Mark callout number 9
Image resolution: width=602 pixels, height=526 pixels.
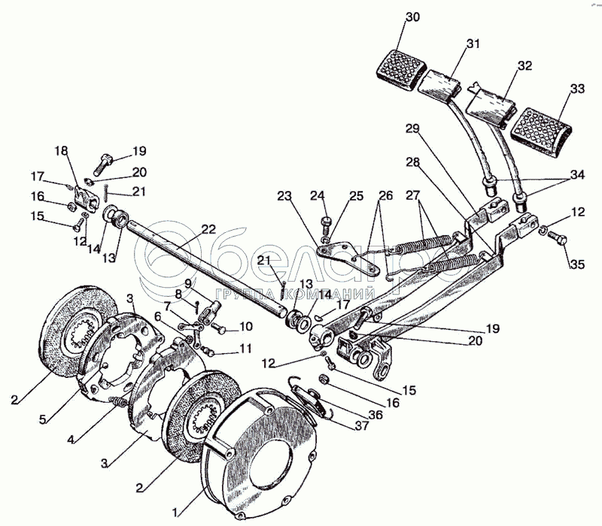[187, 283]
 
